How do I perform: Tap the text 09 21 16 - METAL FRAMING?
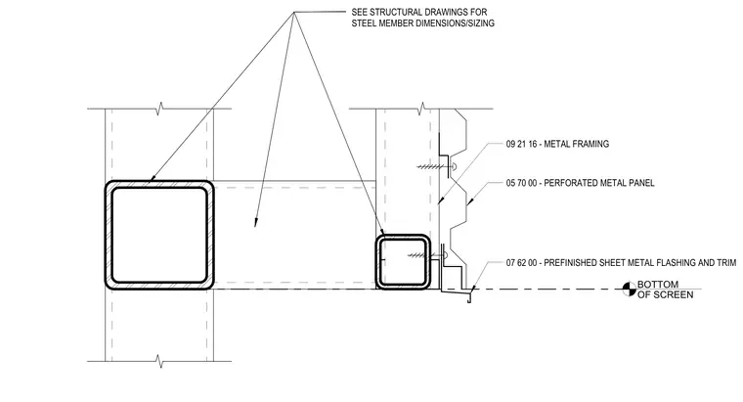click(x=557, y=144)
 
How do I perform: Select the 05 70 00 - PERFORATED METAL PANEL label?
click(x=580, y=183)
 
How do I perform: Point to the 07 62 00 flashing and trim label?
click(x=621, y=262)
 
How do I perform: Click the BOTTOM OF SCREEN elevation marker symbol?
click(x=629, y=289)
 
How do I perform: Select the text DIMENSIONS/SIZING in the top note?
click(x=455, y=22)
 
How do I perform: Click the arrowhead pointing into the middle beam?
click(x=256, y=222)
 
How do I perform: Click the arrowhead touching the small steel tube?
click(x=382, y=232)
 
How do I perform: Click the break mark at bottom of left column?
click(x=160, y=361)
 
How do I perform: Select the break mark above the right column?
click(x=420, y=108)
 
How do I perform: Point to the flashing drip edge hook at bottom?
click(x=469, y=298)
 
